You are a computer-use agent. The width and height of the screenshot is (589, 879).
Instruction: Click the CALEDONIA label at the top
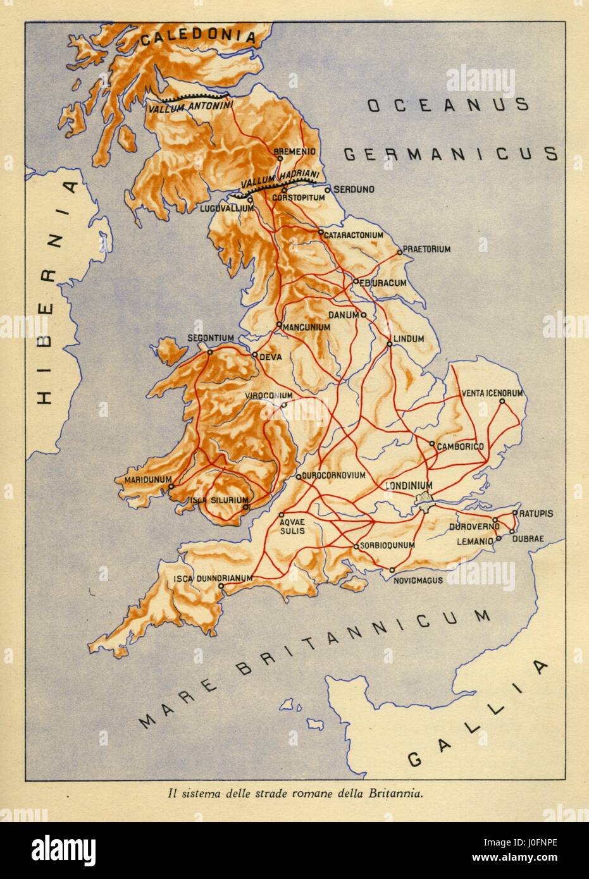click(197, 37)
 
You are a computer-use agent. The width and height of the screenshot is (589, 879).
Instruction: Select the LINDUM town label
click(409, 339)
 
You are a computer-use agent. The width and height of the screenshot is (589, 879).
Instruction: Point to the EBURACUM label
click(383, 283)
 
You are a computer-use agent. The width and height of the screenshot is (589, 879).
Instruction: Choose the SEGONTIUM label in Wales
click(211, 338)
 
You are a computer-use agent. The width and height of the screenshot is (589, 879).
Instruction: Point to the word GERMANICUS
click(450, 154)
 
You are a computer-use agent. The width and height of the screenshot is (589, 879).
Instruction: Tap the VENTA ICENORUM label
click(492, 393)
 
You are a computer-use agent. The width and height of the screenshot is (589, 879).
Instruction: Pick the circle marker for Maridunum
click(170, 486)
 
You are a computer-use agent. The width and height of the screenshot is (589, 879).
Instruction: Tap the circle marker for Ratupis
click(515, 513)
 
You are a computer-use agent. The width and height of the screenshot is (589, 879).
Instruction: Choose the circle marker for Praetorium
click(399, 252)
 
